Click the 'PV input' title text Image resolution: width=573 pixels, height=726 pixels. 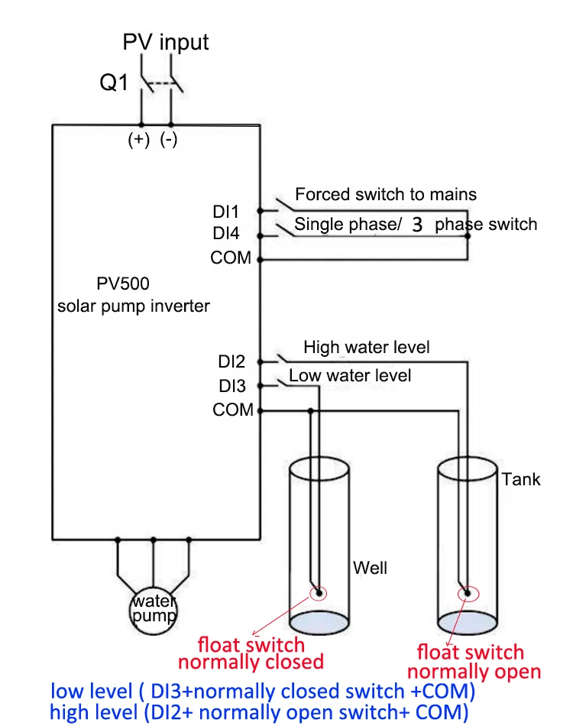pyautogui.click(x=166, y=42)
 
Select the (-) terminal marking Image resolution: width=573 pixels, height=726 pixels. pyautogui.click(x=169, y=140)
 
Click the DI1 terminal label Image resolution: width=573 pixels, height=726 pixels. pyautogui.click(x=226, y=211)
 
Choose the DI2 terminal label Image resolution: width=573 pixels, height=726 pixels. pyautogui.click(x=231, y=361)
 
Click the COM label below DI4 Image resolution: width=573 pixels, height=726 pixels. pyautogui.click(x=231, y=258)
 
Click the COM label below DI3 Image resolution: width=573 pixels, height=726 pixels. pyautogui.click(x=233, y=410)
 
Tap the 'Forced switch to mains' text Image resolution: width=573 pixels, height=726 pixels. pyautogui.click(x=386, y=194)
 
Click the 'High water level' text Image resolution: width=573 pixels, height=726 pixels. pyautogui.click(x=367, y=348)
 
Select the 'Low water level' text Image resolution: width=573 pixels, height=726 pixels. pyautogui.click(x=350, y=375)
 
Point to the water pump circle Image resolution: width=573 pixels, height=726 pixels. pyautogui.click(x=154, y=608)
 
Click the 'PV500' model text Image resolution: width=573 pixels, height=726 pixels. pyautogui.click(x=123, y=284)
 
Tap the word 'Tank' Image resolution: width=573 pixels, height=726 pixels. pyautogui.click(x=521, y=479)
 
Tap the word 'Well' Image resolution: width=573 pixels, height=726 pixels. pyautogui.click(x=370, y=568)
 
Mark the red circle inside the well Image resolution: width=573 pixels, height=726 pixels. pyautogui.click(x=317, y=592)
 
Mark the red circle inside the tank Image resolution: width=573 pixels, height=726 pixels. pyautogui.click(x=465, y=594)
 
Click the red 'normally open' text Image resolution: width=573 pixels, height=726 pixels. pyautogui.click(x=474, y=672)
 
